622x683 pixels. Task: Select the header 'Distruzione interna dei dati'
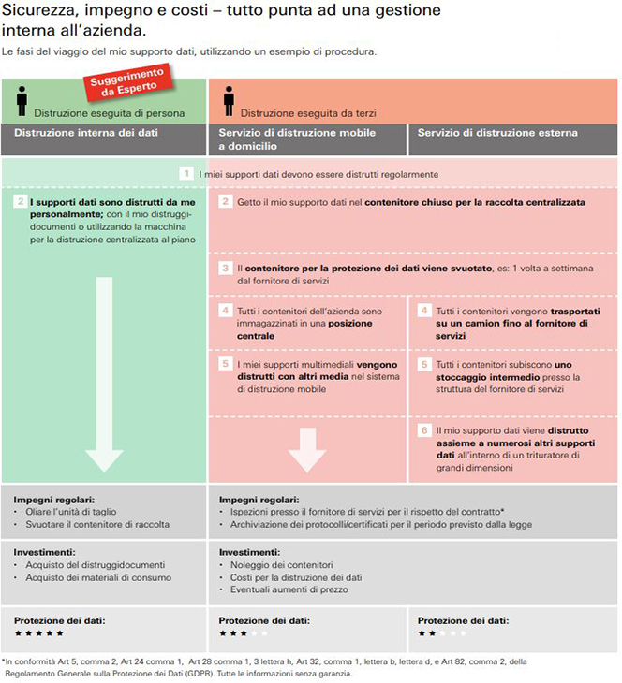pos(86,133)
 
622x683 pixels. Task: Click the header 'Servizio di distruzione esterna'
pos(497,133)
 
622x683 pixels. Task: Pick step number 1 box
pos(187,174)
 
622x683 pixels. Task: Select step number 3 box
pos(226,268)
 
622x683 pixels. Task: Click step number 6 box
pos(424,430)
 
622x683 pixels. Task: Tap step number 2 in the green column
pos(20,201)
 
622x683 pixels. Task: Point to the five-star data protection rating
pos(38,633)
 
